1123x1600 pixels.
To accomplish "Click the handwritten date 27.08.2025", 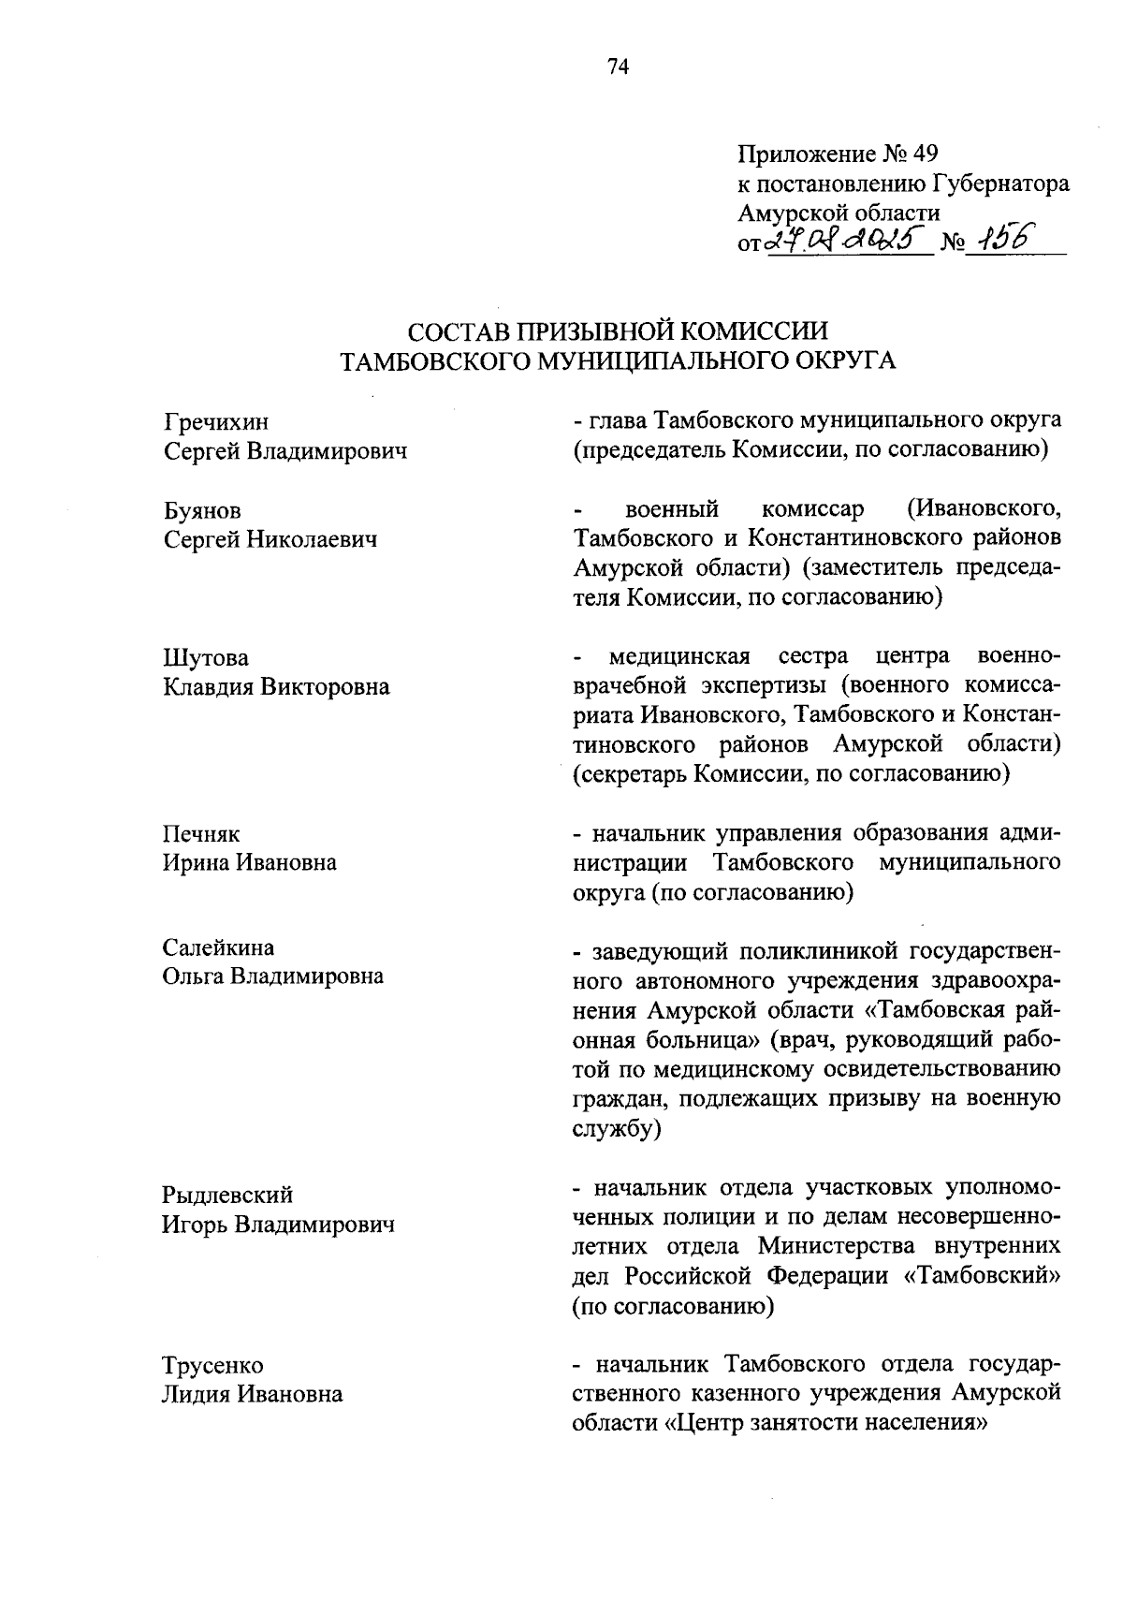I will pos(849,242).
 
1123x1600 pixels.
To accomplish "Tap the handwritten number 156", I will pos(1000,241).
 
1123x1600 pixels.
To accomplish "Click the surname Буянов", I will pos(202,510).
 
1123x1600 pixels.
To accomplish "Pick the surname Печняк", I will pos(202,833).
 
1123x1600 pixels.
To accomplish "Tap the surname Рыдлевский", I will pos(227,1195).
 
